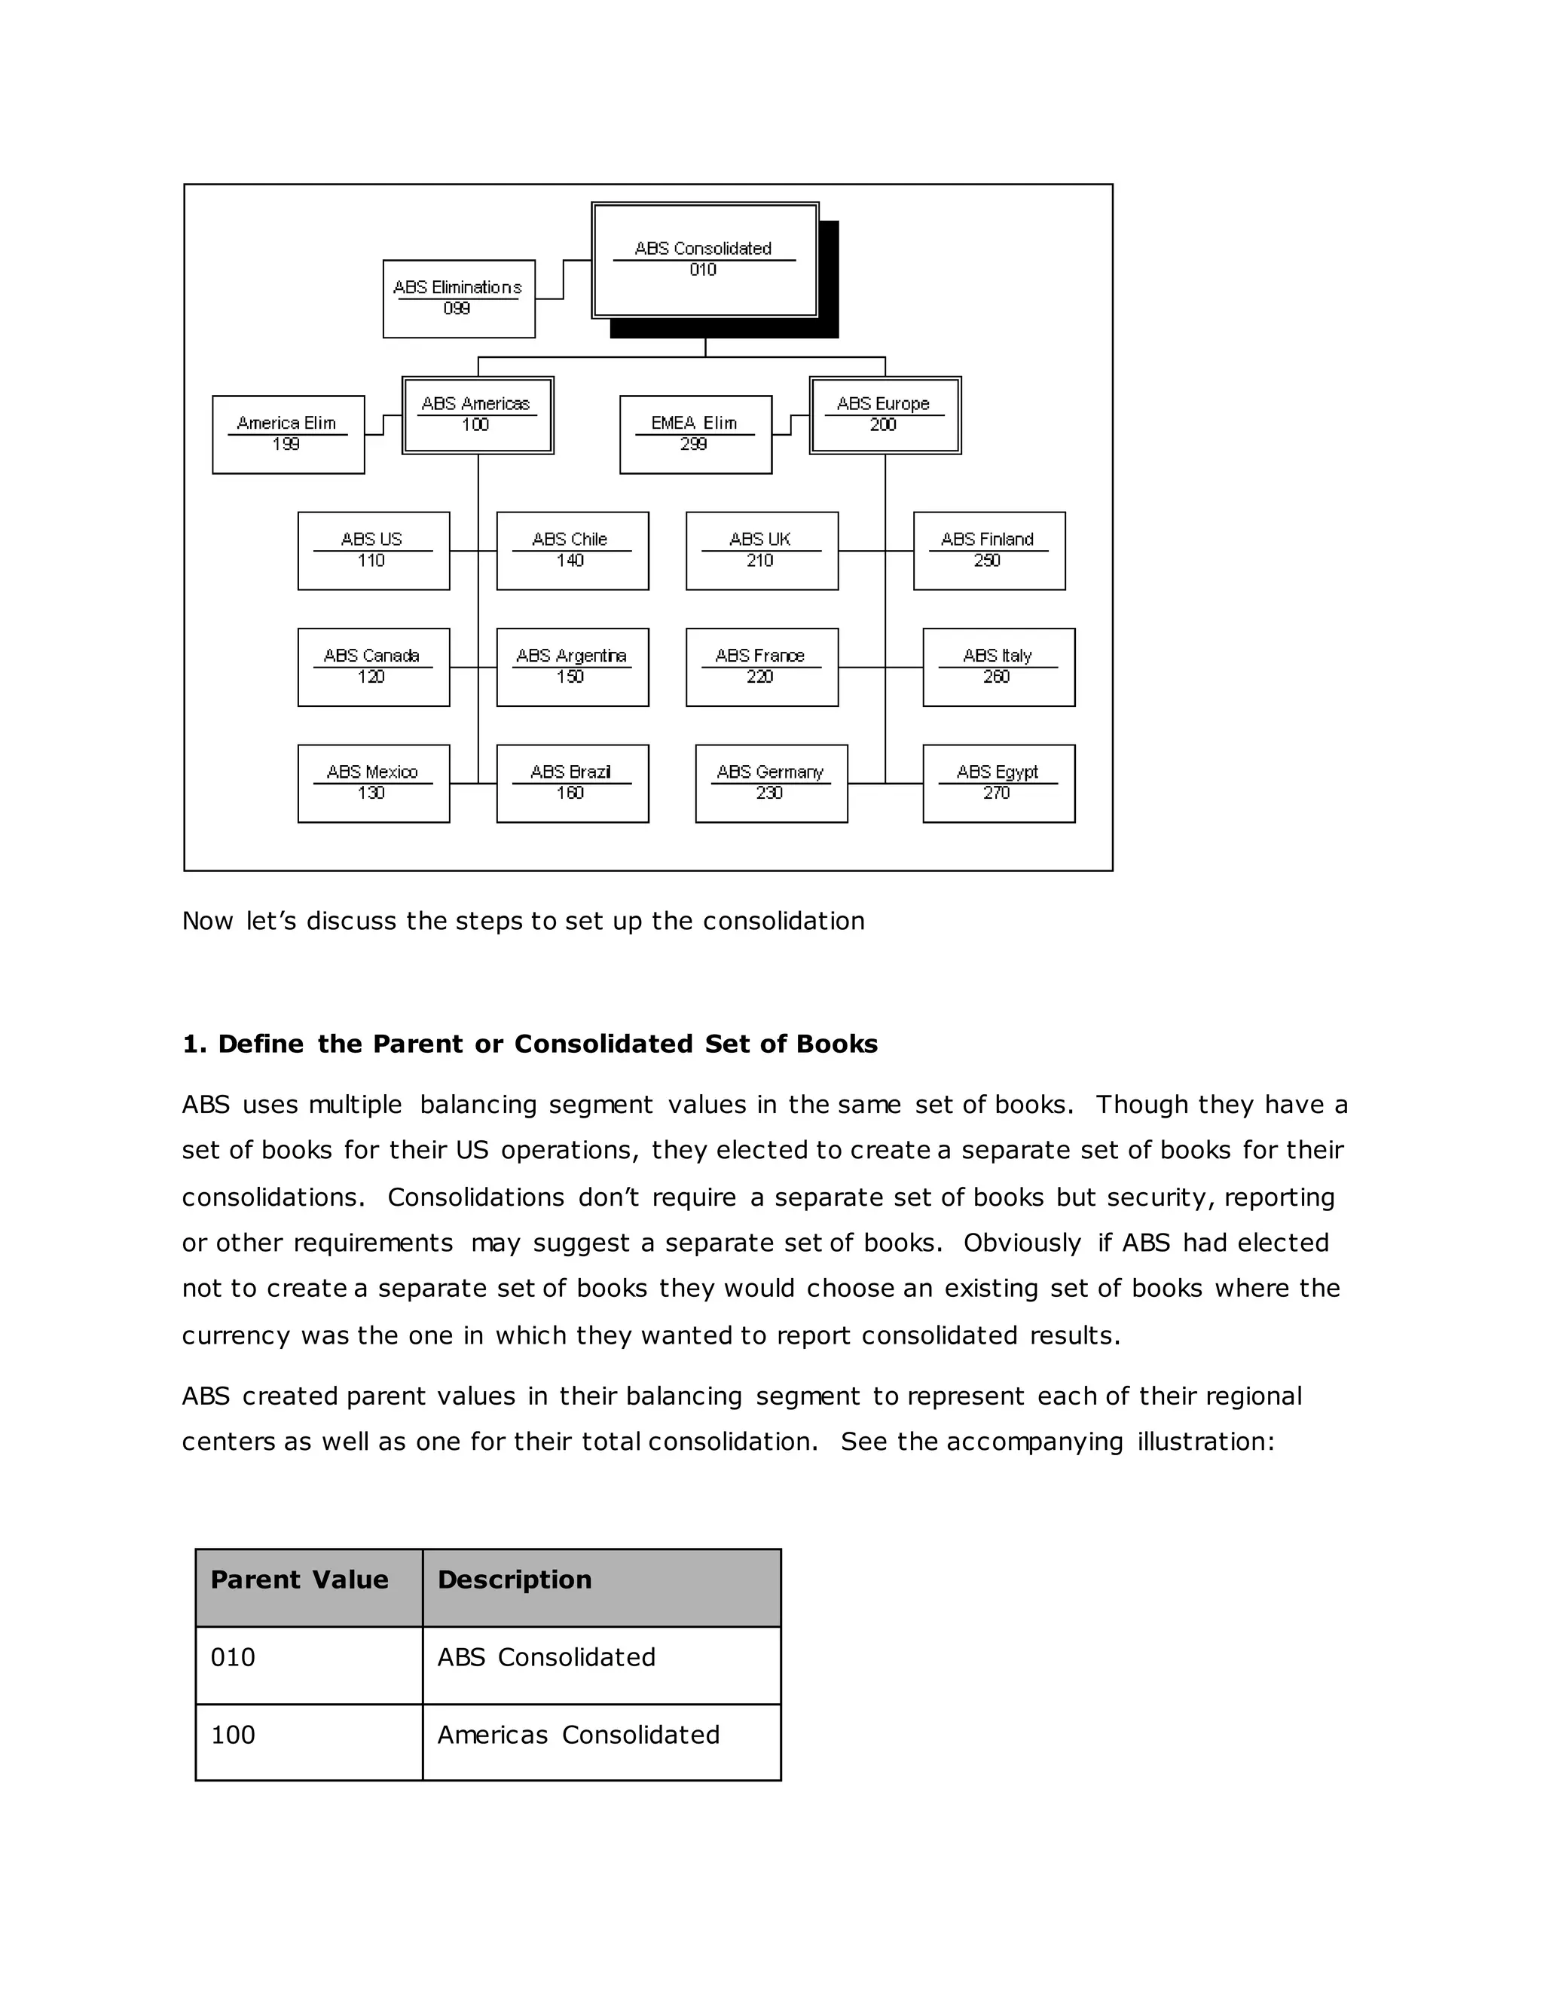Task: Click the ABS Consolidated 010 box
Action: [704, 261]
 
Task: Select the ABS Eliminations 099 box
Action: [459, 299]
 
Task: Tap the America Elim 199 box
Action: [288, 434]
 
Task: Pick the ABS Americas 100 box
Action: [477, 415]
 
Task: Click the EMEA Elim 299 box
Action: [695, 434]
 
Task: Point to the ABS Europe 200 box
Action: [884, 415]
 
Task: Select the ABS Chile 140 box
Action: [573, 550]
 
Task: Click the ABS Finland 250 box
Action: [989, 550]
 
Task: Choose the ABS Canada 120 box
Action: [373, 667]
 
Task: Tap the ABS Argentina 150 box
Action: [573, 667]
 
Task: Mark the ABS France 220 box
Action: [762, 667]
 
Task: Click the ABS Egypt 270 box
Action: [998, 784]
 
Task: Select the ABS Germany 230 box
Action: [771, 784]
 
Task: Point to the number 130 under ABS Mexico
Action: [371, 794]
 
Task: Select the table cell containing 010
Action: [309, 1658]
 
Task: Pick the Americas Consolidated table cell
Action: [601, 1736]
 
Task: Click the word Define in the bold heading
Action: [261, 1044]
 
